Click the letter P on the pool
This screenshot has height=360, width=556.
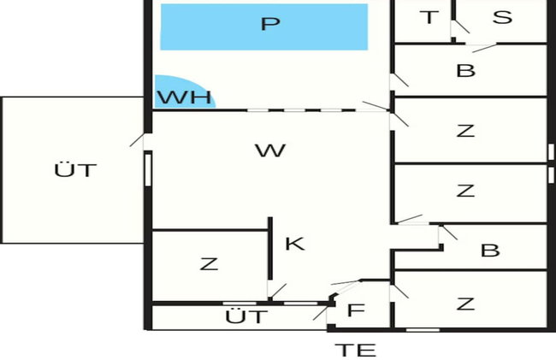coord(270,24)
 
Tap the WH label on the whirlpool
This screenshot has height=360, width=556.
coord(185,97)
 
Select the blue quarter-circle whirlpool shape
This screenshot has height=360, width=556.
coord(185,91)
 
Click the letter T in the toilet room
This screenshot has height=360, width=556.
coord(429,17)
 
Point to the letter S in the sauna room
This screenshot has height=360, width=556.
coord(502,17)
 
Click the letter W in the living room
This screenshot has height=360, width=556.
coord(270,150)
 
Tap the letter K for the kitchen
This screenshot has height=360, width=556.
coord(295,244)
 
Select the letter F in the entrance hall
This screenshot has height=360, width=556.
coord(356,310)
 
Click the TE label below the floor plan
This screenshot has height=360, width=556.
coord(356,350)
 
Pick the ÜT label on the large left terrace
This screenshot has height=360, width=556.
coord(75,170)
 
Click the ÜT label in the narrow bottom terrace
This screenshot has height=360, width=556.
coord(246,316)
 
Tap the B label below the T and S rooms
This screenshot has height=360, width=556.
coord(465,70)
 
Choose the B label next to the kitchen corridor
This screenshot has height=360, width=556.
coord(490,251)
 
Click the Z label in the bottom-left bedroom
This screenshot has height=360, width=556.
coord(209,264)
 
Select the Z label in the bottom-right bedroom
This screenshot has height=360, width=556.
coord(465,304)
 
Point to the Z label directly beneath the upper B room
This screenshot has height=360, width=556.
coord(465,131)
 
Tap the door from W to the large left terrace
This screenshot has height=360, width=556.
coord(139,141)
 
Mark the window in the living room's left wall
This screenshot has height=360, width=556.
coord(148,170)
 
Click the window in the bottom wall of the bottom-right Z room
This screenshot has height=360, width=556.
coord(423,330)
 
